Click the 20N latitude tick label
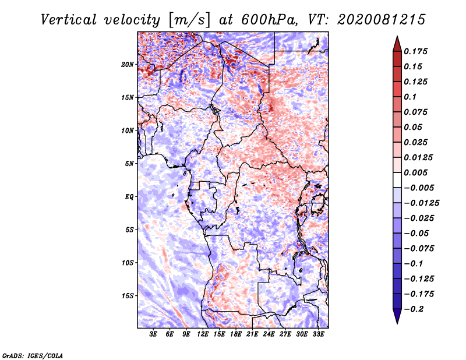128,65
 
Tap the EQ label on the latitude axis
129,197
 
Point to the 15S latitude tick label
128,296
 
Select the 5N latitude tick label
129,164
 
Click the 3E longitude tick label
153,334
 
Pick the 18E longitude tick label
236,334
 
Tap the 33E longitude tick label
318,334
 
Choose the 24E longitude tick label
269,334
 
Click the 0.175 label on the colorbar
415,51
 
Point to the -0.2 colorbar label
414,309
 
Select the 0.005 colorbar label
415,172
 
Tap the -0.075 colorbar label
419,249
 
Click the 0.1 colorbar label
410,97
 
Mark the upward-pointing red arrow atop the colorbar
397,44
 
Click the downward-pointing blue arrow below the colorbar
397,316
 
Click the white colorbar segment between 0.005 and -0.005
397,180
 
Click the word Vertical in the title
69,20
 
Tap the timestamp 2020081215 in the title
382,20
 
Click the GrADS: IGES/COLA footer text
33,355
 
